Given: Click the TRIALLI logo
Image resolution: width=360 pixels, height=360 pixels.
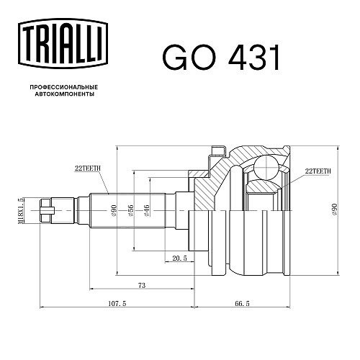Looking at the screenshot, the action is (x=63, y=44).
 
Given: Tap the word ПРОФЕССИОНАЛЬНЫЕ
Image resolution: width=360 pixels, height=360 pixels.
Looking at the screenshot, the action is (x=64, y=87).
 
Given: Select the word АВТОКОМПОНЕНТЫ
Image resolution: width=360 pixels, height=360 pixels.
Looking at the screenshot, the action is (x=65, y=94).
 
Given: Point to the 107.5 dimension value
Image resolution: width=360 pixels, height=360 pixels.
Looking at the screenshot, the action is (x=117, y=303).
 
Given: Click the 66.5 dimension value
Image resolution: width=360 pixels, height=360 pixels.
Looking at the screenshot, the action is (x=242, y=303).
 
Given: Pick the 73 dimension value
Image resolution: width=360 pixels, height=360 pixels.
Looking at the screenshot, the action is (x=142, y=285).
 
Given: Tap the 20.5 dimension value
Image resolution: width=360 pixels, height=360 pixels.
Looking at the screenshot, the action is (x=179, y=258).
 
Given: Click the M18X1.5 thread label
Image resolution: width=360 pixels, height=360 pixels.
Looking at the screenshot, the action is (x=21, y=210).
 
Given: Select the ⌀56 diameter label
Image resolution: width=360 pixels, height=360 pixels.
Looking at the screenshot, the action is (x=130, y=211).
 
